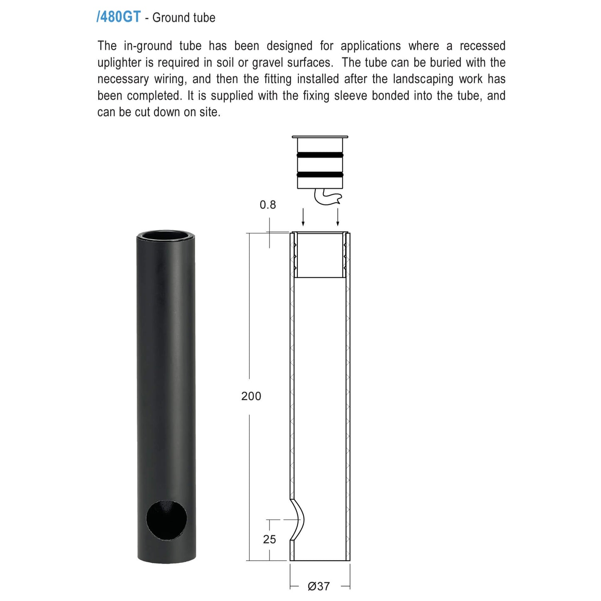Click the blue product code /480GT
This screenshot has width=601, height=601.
pyautogui.click(x=119, y=17)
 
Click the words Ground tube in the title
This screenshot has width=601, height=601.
pyautogui.click(x=184, y=18)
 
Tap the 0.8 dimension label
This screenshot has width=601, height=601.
pyautogui.click(x=267, y=205)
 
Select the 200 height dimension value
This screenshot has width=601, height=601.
pyautogui.click(x=251, y=396)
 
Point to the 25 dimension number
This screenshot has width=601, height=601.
pyautogui.click(x=270, y=539)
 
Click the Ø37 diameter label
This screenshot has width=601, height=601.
pyautogui.click(x=319, y=586)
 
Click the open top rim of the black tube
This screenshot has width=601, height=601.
pyautogui.click(x=166, y=235)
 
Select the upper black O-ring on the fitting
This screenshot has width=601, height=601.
pyautogui.click(x=320, y=155)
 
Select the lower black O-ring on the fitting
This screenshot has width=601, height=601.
pyautogui.click(x=320, y=175)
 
